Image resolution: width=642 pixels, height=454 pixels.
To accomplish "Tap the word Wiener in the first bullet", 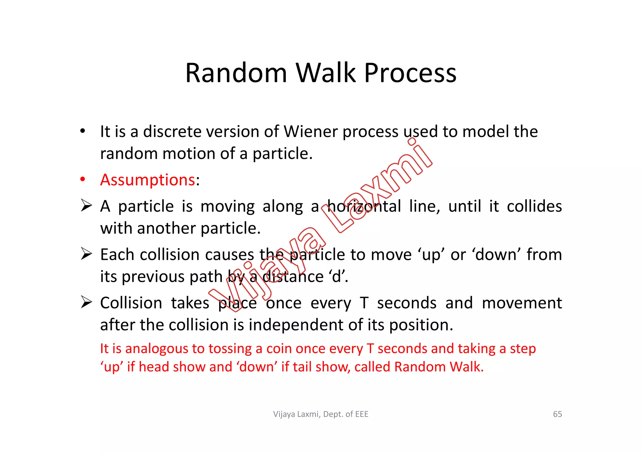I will click(311, 131).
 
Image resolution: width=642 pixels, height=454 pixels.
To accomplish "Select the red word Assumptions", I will click(148, 180).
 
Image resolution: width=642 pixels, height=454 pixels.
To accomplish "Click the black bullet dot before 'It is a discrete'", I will click(82, 131).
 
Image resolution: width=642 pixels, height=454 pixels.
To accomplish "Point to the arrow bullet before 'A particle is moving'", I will click(86, 206).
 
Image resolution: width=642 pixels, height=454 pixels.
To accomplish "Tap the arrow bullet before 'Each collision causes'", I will click(86, 254).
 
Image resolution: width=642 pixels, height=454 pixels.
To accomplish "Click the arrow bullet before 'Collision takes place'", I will click(86, 302).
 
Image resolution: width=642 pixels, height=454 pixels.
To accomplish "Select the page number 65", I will click(557, 414).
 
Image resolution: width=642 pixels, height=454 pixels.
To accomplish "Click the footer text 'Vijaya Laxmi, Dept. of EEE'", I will click(321, 414).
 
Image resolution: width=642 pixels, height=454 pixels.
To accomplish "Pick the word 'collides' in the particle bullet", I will click(534, 206).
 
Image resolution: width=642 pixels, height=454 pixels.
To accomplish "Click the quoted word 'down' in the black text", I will click(495, 254).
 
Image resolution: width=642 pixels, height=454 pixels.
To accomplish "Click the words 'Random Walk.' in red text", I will click(439, 367).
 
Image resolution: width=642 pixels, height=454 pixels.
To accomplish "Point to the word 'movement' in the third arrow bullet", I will click(522, 303).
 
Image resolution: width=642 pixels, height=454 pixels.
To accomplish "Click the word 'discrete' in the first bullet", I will click(172, 131).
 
